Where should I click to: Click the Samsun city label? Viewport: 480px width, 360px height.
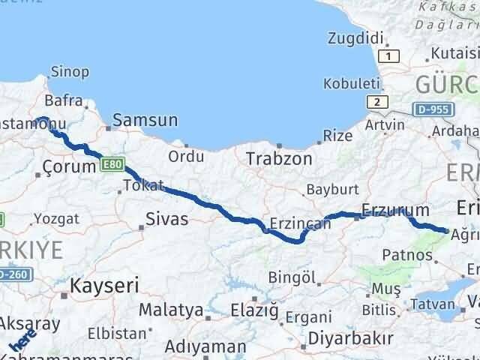point(145,120)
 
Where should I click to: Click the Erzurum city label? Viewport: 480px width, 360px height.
point(395,210)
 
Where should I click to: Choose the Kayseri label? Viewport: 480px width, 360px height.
point(104,285)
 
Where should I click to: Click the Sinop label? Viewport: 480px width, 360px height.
point(70,73)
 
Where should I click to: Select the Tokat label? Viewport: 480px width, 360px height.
point(142,184)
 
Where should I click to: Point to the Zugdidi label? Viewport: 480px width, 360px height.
point(356,37)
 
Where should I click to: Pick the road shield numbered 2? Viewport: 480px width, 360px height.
point(376,101)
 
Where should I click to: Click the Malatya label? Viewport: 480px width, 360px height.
point(171,310)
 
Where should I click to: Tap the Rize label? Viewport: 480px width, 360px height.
point(337,136)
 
